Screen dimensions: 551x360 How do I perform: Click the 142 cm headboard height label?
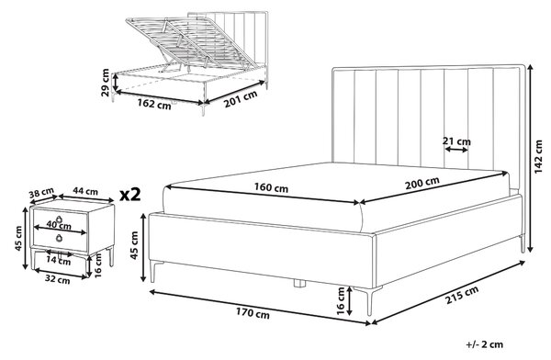click(538, 157)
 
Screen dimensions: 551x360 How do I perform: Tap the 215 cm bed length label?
click(462, 295)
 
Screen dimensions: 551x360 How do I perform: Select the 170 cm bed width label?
click(253, 312)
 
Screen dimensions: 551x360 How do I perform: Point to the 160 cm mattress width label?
click(271, 187)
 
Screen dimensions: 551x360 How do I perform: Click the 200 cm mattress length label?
click(422, 183)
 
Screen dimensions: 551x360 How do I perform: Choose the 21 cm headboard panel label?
click(456, 141)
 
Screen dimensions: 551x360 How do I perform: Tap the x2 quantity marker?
click(130, 195)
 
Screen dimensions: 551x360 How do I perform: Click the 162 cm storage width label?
click(154, 104)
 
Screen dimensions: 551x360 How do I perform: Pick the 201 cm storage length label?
click(241, 99)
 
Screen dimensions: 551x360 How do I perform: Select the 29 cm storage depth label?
click(105, 83)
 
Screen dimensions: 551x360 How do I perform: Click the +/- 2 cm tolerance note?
click(485, 344)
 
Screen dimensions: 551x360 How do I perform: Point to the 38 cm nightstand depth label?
click(41, 193)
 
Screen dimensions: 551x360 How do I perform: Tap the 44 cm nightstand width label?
click(85, 191)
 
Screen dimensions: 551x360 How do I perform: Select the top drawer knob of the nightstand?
click(59, 219)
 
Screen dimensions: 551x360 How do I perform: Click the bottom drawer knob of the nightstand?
click(59, 238)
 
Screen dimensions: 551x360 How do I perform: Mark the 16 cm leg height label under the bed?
click(341, 300)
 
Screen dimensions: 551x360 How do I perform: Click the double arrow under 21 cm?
click(456, 150)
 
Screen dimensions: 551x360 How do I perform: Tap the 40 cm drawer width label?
click(59, 225)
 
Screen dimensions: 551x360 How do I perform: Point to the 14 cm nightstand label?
click(60, 262)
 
